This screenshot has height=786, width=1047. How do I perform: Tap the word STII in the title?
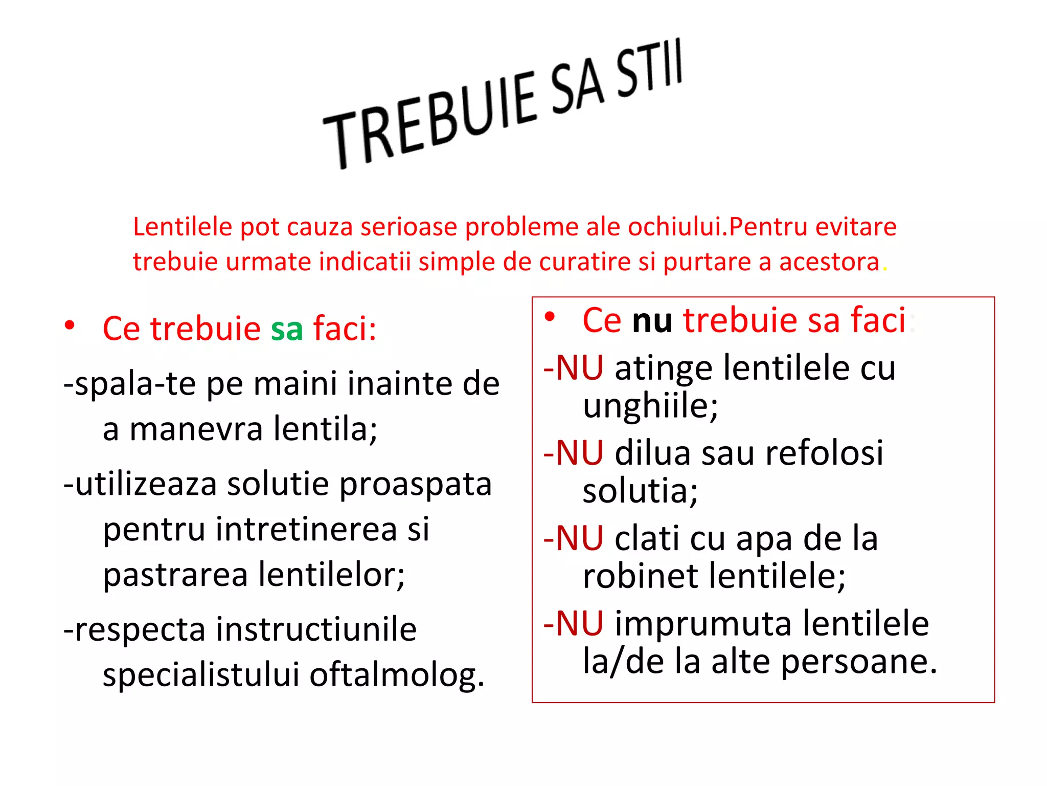(x=649, y=69)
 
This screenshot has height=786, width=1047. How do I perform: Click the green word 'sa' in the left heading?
(x=287, y=329)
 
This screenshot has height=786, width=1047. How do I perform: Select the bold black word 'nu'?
(x=652, y=321)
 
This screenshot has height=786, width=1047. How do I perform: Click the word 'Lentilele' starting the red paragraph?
(x=183, y=227)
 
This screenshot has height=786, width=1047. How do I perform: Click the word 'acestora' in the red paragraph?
(x=829, y=261)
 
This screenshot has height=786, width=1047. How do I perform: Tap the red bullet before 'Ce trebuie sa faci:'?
(x=70, y=325)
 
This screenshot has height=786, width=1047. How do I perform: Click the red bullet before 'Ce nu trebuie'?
(x=550, y=317)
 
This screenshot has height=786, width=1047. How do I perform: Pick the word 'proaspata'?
(x=415, y=484)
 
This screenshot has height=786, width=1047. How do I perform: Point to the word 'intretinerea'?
(x=306, y=529)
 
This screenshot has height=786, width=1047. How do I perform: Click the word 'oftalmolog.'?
(x=397, y=675)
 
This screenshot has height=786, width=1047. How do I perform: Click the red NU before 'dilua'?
(x=579, y=453)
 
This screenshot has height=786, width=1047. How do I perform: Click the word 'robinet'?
(x=640, y=577)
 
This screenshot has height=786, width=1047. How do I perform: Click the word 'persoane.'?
(x=859, y=662)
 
